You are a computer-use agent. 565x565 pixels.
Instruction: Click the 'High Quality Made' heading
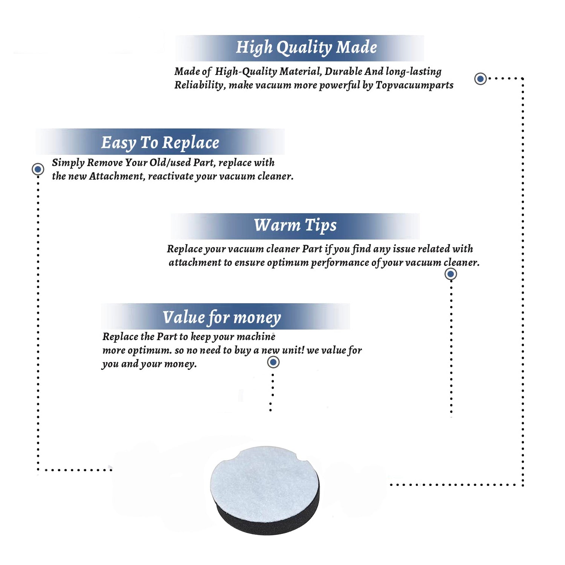pos(306,48)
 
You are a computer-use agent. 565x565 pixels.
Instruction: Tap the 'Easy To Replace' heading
pos(160,143)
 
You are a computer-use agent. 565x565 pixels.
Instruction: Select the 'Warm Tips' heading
pos(295,225)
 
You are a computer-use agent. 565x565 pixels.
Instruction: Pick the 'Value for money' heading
pos(222,318)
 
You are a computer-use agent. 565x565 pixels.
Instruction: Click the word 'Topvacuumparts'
pos(414,86)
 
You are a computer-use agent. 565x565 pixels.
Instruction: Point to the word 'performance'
pos(340,263)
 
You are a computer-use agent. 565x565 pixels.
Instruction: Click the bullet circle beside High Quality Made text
pos(480,79)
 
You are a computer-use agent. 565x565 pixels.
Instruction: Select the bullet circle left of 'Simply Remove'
pos(38,169)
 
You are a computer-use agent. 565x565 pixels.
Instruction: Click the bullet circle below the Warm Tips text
pos(451,274)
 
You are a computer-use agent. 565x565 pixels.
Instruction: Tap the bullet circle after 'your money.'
pos(273,362)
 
